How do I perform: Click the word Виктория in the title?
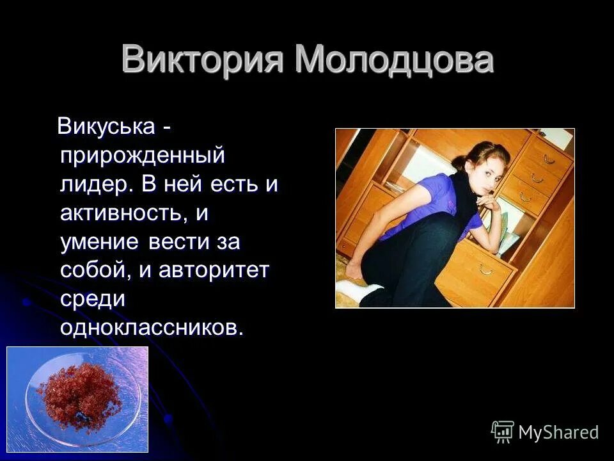click(204, 61)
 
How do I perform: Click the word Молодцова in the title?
click(395, 61)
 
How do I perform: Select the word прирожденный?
click(142, 156)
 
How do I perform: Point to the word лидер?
click(96, 184)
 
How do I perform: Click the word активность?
click(124, 213)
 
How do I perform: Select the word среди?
click(93, 299)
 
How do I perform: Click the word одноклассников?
click(152, 327)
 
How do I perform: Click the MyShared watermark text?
click(558, 432)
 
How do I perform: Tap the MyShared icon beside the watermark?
click(503, 432)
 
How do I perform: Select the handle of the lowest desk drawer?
click(488, 269)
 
